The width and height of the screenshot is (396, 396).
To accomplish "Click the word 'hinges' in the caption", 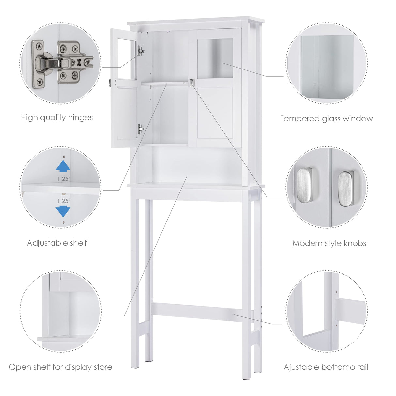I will coord(80,118).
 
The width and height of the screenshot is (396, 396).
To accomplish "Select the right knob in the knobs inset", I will coord(345,189).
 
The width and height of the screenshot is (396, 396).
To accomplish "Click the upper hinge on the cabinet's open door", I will coord(141,51).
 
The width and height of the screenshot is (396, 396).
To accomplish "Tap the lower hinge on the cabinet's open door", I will coord(141,129).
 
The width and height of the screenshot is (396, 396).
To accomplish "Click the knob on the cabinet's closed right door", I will coord(191,83).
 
